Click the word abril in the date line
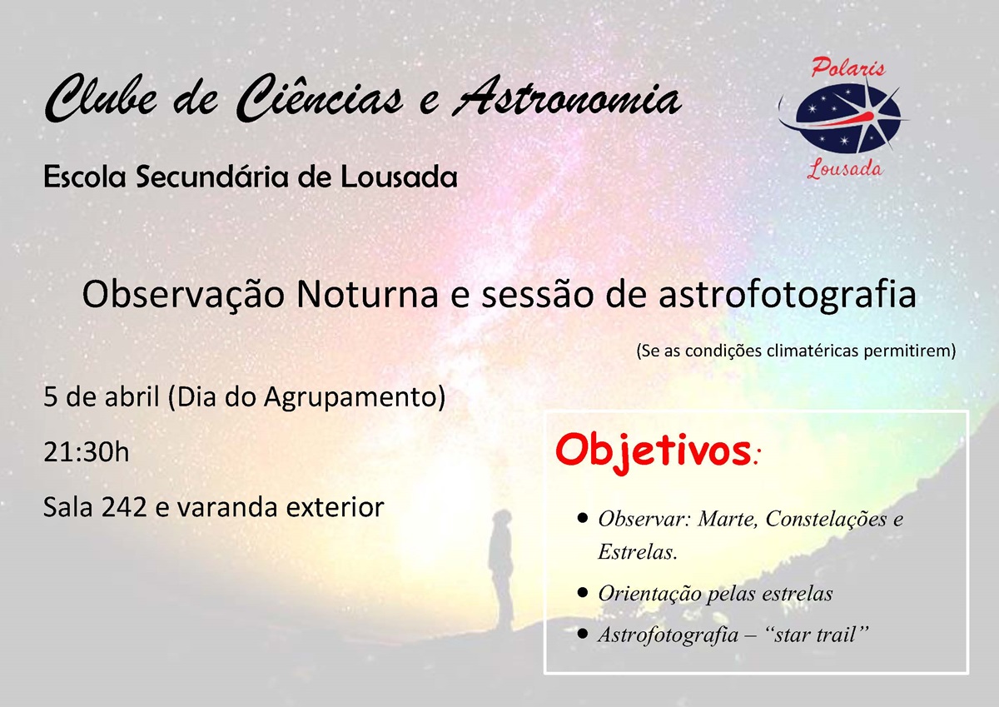(133, 398)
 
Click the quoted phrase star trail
(821, 635)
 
